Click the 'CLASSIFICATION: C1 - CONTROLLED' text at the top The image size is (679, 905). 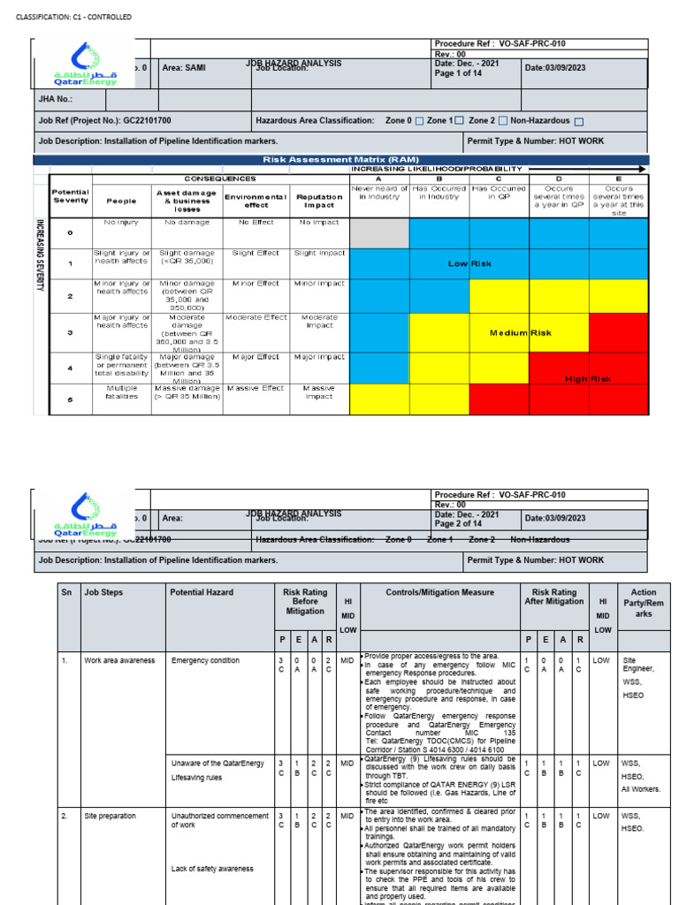[73, 17]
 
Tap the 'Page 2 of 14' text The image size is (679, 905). [466, 524]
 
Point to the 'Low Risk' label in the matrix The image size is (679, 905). [469, 263]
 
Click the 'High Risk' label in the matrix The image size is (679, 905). [588, 378]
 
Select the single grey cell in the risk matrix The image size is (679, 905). [379, 232]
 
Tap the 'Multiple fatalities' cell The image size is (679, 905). [122, 392]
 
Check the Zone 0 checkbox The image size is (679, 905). [420, 120]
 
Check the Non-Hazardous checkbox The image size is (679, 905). [578, 120]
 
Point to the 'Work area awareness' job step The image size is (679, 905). [119, 660]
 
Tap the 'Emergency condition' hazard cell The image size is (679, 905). [205, 660]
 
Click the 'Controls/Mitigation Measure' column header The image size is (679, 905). [440, 592]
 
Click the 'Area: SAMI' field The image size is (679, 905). [184, 68]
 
